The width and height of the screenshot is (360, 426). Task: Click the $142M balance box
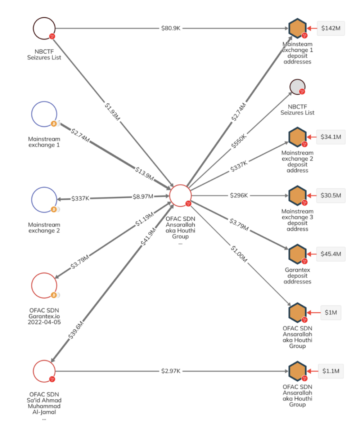330,28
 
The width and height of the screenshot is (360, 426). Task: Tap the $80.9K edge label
171,28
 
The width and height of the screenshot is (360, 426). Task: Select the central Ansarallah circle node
180,196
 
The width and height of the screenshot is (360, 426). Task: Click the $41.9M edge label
148,236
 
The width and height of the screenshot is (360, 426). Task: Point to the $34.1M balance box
330,137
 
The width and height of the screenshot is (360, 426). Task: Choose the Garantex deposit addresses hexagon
297,254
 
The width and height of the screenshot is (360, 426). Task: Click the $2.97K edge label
171,371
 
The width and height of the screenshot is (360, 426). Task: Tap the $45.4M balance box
330,254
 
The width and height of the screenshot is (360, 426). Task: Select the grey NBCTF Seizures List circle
297,87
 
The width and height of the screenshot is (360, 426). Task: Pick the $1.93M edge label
112,112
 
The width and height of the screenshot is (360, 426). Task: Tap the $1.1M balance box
330,371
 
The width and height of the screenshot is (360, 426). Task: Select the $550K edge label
239,141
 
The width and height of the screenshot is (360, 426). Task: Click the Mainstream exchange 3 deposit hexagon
297,196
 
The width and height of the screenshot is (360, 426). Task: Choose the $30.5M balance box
330,196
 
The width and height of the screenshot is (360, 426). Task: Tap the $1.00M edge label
239,254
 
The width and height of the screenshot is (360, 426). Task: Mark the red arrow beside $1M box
314,313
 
